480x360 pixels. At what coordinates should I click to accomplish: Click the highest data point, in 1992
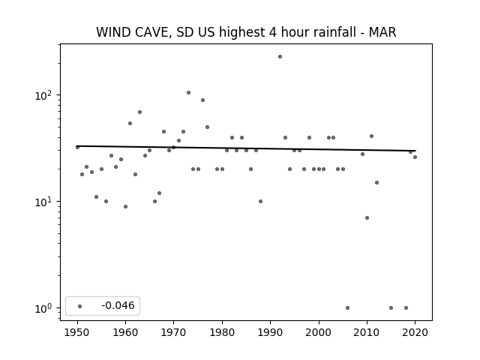tap(280, 57)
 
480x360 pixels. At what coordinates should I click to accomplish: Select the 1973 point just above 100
tap(188, 92)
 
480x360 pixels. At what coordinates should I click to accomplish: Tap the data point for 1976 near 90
tap(202, 100)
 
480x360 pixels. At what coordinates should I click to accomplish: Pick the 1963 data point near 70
tap(139, 112)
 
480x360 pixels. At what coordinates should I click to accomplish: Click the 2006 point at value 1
tap(347, 308)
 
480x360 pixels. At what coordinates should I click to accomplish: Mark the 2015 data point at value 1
tap(391, 308)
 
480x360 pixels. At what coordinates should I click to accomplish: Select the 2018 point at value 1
tap(406, 308)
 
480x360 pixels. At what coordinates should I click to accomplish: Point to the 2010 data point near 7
tap(367, 218)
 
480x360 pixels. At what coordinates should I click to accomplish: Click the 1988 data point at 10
tap(260, 202)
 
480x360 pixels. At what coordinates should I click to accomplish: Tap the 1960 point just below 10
tap(125, 207)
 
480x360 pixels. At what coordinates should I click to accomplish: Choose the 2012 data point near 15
tap(376, 183)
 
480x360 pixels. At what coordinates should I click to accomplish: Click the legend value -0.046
tap(118, 305)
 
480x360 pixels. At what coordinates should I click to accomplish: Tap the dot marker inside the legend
tap(80, 306)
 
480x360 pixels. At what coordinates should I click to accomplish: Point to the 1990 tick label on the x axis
tap(270, 332)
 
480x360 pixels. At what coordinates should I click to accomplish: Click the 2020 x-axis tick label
tap(415, 332)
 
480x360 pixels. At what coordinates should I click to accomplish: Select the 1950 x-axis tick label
tap(77, 332)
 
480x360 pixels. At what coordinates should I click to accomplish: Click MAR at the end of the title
tap(382, 32)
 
